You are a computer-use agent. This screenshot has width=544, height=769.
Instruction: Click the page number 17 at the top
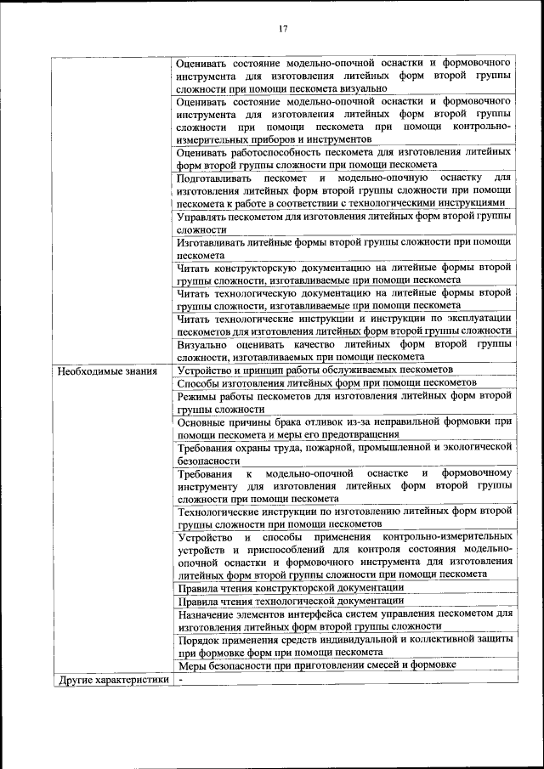pyautogui.click(x=284, y=28)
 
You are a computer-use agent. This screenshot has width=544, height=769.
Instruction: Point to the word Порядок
pyautogui.click(x=201, y=639)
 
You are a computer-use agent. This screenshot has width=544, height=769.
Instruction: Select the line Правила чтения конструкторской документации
pyautogui.click(x=290, y=587)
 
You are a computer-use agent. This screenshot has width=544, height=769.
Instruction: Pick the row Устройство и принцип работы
pyautogui.click(x=314, y=370)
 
